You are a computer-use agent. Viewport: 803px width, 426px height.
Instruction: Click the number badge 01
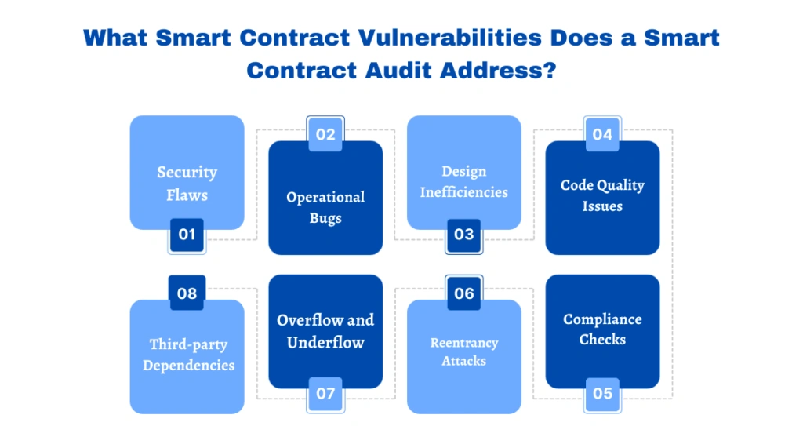click(x=187, y=234)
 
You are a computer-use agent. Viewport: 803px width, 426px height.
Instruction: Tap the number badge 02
click(x=325, y=134)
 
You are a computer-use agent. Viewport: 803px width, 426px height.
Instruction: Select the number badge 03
click(x=464, y=234)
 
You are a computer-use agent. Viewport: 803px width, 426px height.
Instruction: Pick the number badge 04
click(x=602, y=134)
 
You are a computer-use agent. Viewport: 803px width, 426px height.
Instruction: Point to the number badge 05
click(x=602, y=393)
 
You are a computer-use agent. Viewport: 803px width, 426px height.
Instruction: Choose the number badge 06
click(x=464, y=293)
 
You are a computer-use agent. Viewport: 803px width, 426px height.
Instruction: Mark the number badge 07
click(x=325, y=393)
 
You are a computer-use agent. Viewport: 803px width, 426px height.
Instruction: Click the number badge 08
click(x=187, y=293)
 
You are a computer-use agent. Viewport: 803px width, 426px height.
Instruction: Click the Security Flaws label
click(x=187, y=183)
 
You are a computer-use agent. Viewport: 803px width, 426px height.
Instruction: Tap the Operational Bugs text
click(x=325, y=207)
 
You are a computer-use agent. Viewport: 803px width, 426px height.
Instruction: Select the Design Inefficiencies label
click(x=464, y=181)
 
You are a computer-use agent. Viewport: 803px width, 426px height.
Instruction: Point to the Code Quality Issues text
click(x=602, y=195)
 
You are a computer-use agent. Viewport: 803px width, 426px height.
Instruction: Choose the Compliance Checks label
click(x=602, y=330)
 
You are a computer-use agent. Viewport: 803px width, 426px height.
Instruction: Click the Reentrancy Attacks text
click(x=464, y=352)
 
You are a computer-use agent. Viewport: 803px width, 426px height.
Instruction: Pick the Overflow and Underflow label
click(x=325, y=331)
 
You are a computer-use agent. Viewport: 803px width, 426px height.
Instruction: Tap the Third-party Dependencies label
click(x=188, y=355)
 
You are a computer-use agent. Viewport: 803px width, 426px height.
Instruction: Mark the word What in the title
click(x=114, y=38)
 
